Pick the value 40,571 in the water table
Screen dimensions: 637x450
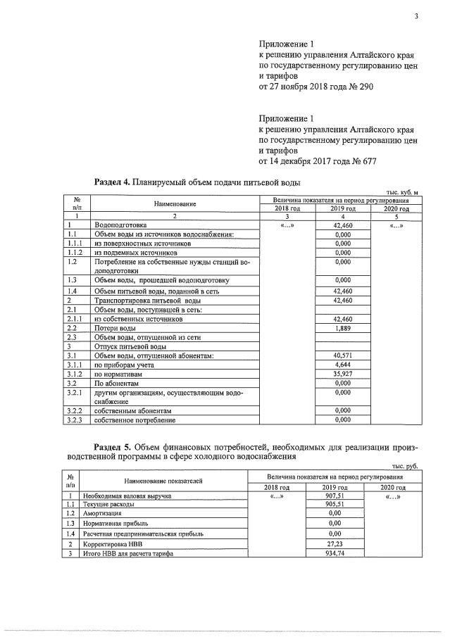[342, 355]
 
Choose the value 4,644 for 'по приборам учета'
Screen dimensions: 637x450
[342, 365]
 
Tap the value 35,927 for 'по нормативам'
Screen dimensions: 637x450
[342, 374]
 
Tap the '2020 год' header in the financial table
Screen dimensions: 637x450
[393, 487]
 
